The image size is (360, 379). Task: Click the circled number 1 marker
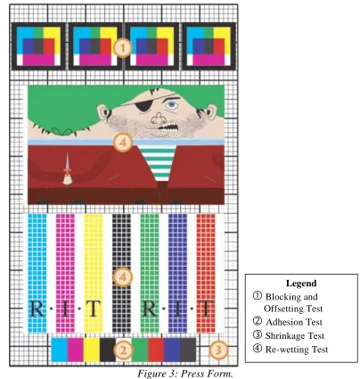122,47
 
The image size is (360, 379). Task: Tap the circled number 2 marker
123,350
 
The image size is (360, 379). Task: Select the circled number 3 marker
218,350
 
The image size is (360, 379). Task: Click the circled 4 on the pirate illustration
123,143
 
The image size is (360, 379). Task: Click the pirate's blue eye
171,104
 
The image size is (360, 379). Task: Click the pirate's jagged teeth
168,128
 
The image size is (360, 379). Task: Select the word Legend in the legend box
301,283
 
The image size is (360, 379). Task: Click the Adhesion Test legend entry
288,322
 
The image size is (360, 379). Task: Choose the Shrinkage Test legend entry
289,335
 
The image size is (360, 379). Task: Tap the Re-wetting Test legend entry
290,349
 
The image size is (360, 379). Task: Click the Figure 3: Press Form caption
185,374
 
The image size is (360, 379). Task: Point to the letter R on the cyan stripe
37,309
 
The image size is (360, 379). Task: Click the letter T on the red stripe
206,309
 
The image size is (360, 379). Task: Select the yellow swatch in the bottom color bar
92,350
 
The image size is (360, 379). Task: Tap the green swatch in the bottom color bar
140,350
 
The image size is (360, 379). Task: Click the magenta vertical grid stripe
65,273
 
